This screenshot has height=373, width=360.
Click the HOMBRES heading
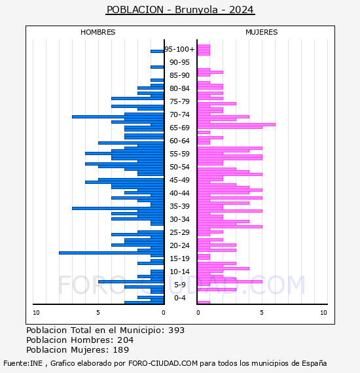coord(98,32)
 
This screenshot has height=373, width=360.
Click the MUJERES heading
coord(262,32)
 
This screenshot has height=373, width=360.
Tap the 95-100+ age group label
coord(179,49)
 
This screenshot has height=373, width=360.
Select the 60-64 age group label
coord(179,141)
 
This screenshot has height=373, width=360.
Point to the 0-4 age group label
coord(179,298)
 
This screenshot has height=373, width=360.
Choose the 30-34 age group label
coord(179,219)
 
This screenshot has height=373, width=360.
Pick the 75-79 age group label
coord(179,101)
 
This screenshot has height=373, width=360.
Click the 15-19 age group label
coord(179,258)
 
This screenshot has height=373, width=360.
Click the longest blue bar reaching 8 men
coord(111,253)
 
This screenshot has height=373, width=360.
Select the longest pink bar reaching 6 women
coord(236,124)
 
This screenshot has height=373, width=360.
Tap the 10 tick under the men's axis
coord(36,313)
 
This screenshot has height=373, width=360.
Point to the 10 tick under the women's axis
coord(323,313)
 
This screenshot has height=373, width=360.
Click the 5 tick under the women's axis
coord(262,313)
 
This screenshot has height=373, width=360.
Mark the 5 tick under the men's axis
coord(98,313)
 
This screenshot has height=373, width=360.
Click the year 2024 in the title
coord(242,10)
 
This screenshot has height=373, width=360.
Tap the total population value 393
coord(176,330)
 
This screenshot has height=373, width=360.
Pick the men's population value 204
coord(126,340)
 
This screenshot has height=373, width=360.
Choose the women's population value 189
coord(120,350)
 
